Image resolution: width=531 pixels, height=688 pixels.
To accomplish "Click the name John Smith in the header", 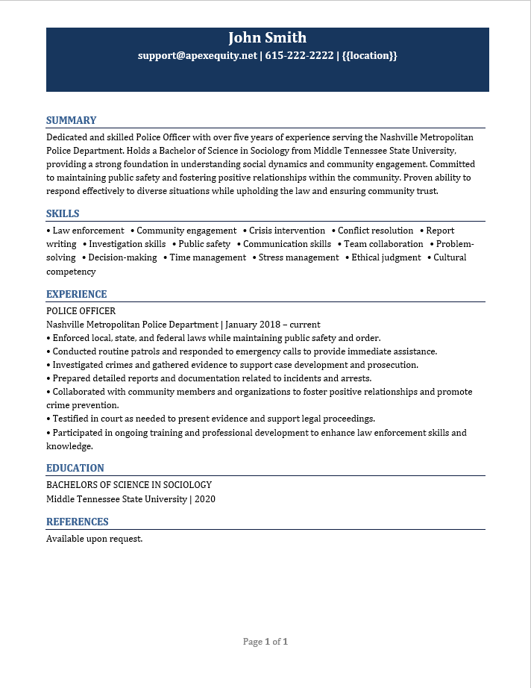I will [x=267, y=38].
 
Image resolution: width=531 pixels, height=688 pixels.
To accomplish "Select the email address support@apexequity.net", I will [x=197, y=56].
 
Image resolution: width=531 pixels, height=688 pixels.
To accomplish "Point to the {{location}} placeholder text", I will [x=370, y=56].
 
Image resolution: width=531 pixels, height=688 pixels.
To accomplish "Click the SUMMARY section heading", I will [x=72, y=120].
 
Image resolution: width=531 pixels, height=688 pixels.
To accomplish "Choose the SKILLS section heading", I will [x=63, y=213].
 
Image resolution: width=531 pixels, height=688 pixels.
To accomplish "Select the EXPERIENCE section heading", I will [x=77, y=294].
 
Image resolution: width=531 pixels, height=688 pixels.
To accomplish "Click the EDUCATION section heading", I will [x=75, y=468].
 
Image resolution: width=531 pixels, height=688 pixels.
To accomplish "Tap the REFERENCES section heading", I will [x=78, y=522].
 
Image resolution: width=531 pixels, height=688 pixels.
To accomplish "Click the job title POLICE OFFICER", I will [x=81, y=311].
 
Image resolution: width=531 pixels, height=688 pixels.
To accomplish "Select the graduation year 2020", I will [x=204, y=499].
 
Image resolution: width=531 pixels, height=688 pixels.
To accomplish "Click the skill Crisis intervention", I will [x=287, y=231].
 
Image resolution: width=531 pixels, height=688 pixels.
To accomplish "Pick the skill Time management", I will [x=207, y=257].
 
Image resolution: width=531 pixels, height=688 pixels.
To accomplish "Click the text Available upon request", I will [x=94, y=538].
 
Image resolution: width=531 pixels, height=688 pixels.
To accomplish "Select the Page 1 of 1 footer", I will [x=265, y=642].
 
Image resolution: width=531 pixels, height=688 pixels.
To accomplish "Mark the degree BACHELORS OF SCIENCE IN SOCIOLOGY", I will [x=129, y=485].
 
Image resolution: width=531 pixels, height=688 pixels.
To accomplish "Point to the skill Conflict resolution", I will [x=375, y=231].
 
